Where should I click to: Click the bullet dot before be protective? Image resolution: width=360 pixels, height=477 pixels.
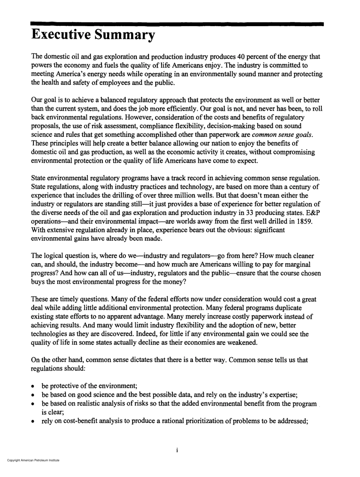(34, 386)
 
